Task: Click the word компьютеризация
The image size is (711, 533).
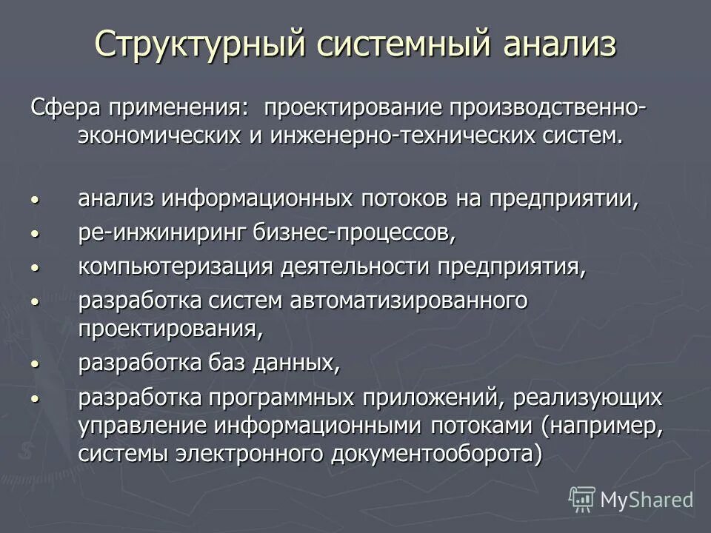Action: pyautogui.click(x=175, y=267)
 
